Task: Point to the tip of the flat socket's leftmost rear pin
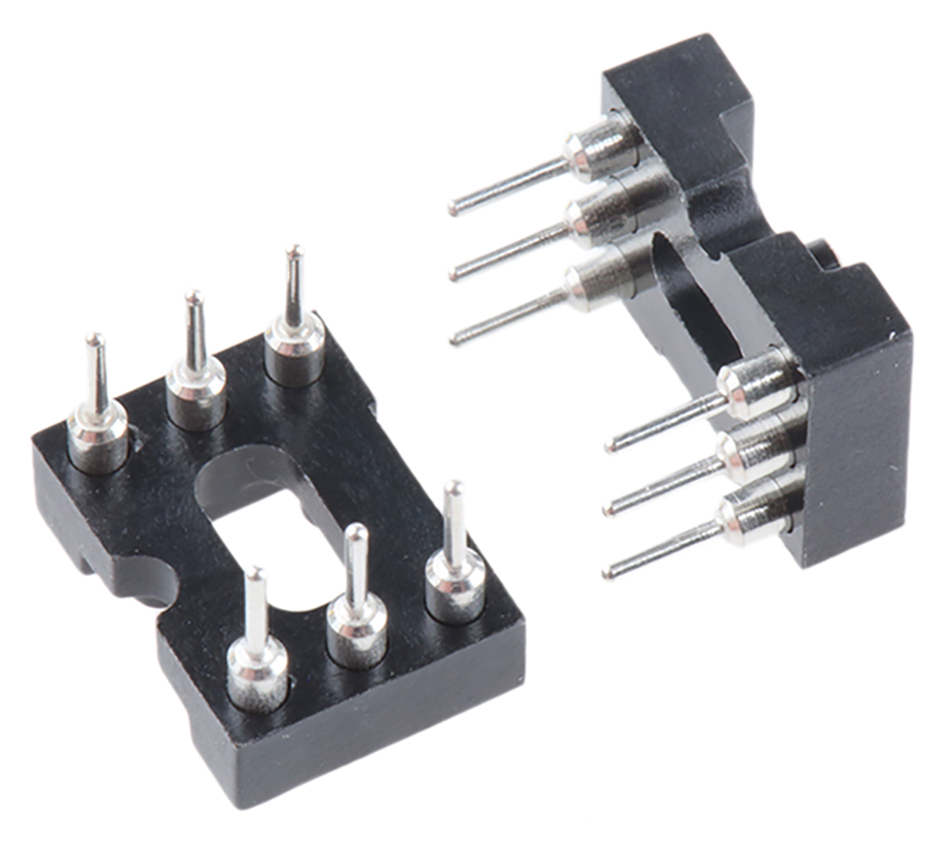pyautogui.click(x=94, y=339)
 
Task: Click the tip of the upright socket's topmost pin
pyautogui.click(x=454, y=210)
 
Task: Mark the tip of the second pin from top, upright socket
pyautogui.click(x=454, y=275)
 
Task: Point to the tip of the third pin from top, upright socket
pyautogui.click(x=455, y=340)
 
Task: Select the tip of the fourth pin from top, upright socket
pyautogui.click(x=610, y=447)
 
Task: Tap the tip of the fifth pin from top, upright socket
pyautogui.click(x=611, y=511)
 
